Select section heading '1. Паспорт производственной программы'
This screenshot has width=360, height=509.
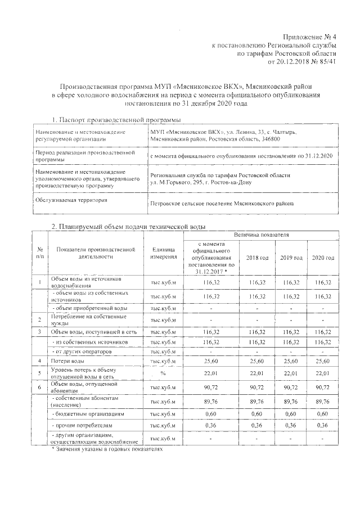click(116, 120)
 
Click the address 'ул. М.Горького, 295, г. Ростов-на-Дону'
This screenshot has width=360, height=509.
click(204, 183)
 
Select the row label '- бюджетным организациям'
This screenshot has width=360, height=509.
click(84, 412)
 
